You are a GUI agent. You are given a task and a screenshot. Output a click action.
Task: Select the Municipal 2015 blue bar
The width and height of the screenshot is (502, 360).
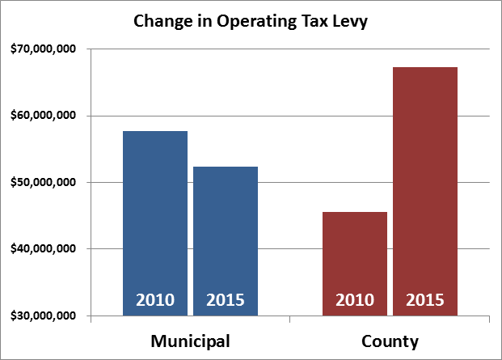[225, 235]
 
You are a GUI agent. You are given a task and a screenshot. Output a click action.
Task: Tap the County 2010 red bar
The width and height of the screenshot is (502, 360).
[354, 259]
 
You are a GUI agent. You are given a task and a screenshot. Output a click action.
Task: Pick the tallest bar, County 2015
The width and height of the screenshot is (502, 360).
[425, 186]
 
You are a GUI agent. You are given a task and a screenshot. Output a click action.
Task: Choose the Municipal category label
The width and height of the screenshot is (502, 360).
[191, 341]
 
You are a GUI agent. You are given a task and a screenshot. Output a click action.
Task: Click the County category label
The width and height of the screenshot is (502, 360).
[390, 341]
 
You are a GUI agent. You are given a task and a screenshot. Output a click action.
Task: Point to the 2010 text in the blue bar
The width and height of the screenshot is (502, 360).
[154, 300]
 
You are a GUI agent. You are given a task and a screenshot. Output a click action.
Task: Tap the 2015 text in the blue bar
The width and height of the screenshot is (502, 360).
[226, 300]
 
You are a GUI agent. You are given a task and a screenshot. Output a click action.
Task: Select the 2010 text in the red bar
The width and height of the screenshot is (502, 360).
[355, 300]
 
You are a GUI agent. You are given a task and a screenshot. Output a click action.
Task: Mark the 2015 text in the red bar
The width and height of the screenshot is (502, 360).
[425, 300]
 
